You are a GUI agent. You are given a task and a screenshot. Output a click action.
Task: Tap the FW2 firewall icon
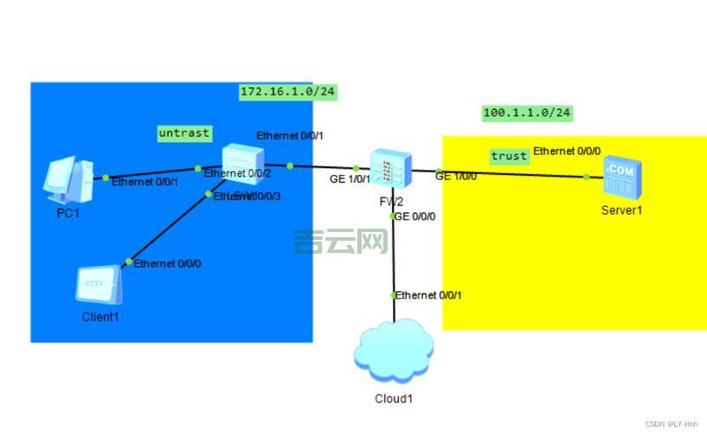coord(391,169)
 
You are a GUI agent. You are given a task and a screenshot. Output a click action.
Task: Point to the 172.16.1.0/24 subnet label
coord(287,92)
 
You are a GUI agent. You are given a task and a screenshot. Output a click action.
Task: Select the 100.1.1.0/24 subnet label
coord(527,113)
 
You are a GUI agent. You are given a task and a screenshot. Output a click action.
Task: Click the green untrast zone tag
coord(183,133)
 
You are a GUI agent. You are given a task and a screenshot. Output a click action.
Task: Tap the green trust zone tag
coord(509,156)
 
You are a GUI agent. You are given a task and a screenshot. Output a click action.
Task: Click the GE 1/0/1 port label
coord(350,179)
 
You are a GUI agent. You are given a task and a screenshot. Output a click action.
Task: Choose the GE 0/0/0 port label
coord(415,216)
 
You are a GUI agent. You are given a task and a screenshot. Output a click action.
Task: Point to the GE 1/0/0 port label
coord(456,177)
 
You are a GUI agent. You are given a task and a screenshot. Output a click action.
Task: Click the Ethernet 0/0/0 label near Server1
coord(567,151)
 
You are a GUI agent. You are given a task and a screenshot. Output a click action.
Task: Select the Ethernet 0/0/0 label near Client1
coord(168,263)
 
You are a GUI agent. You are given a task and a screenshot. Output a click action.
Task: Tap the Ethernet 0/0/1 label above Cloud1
coord(429,295)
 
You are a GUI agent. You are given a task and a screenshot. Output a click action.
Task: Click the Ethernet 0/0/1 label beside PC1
coord(145,182)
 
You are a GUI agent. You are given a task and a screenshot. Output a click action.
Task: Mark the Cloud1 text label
coord(394,399)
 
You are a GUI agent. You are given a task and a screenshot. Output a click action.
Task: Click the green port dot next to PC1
coord(106,178)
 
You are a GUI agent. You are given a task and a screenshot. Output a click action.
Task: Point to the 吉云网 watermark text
coord(340,242)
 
